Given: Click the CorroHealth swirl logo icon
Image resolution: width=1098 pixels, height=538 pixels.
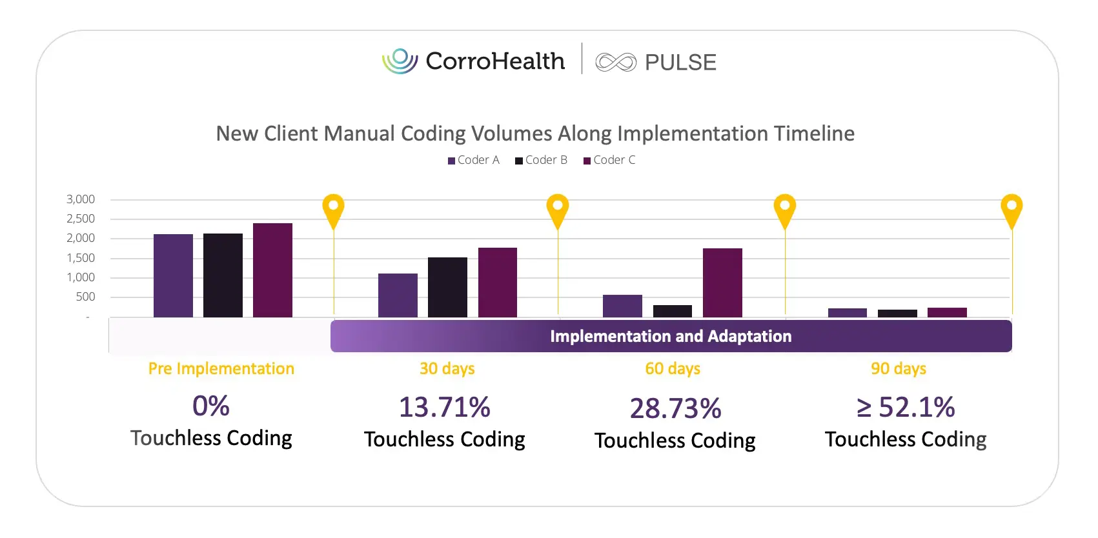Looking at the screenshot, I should point(400,61).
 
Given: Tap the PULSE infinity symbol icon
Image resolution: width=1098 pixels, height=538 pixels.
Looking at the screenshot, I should point(615,63).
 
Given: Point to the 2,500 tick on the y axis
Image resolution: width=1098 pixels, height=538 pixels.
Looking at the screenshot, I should point(81,219).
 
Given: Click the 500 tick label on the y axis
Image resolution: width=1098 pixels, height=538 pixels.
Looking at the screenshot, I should point(85,297).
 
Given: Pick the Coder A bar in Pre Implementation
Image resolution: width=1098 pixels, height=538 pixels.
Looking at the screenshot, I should point(173,275).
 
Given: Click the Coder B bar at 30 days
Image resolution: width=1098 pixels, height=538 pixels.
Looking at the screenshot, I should point(447,287).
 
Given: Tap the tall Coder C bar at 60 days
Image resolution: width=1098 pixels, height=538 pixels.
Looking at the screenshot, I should point(722,283).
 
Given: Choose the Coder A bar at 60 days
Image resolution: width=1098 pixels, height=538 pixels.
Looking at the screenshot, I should point(622,306).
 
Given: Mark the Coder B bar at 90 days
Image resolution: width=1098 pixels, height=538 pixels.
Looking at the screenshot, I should point(897,314).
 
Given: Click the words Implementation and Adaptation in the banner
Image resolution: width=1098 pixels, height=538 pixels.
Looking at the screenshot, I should point(670,336).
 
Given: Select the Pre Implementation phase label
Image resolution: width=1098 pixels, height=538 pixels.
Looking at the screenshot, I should point(221,368).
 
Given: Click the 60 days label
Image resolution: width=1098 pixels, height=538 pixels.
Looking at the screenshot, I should point(673,368).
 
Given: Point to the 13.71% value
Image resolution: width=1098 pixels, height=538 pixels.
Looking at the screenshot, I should point(444,407).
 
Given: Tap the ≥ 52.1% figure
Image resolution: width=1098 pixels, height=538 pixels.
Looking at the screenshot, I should point(905,407).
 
